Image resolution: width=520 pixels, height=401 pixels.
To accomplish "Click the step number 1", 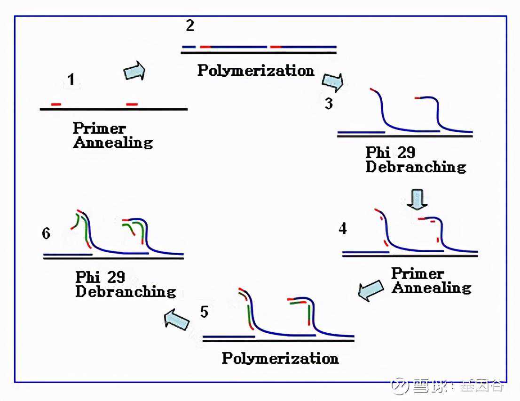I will click(71, 80).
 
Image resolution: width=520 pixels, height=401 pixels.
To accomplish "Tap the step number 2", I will click(189, 25).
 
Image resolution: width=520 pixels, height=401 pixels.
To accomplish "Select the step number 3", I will click(329, 103).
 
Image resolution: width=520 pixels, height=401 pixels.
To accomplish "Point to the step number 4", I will click(343, 228).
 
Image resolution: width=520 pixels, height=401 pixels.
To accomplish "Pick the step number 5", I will click(204, 312).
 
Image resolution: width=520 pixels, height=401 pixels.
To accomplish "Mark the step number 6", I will click(46, 233).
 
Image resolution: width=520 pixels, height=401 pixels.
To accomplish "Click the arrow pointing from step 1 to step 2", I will click(134, 71).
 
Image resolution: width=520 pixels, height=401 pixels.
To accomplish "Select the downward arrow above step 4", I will click(417, 199).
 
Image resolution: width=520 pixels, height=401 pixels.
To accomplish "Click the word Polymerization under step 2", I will click(256, 71).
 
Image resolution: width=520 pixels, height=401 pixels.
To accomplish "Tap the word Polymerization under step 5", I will click(280, 358).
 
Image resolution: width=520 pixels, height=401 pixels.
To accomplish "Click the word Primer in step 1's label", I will click(99, 128).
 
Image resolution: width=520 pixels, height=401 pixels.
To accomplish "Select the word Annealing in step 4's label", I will click(431, 288).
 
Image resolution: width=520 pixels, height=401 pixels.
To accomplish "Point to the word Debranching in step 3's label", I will click(416, 167).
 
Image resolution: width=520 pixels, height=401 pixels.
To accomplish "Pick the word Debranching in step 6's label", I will click(126, 291).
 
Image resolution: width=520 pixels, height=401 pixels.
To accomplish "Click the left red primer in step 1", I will click(56, 104).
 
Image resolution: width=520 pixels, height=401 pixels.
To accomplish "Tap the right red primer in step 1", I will click(132, 104).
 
